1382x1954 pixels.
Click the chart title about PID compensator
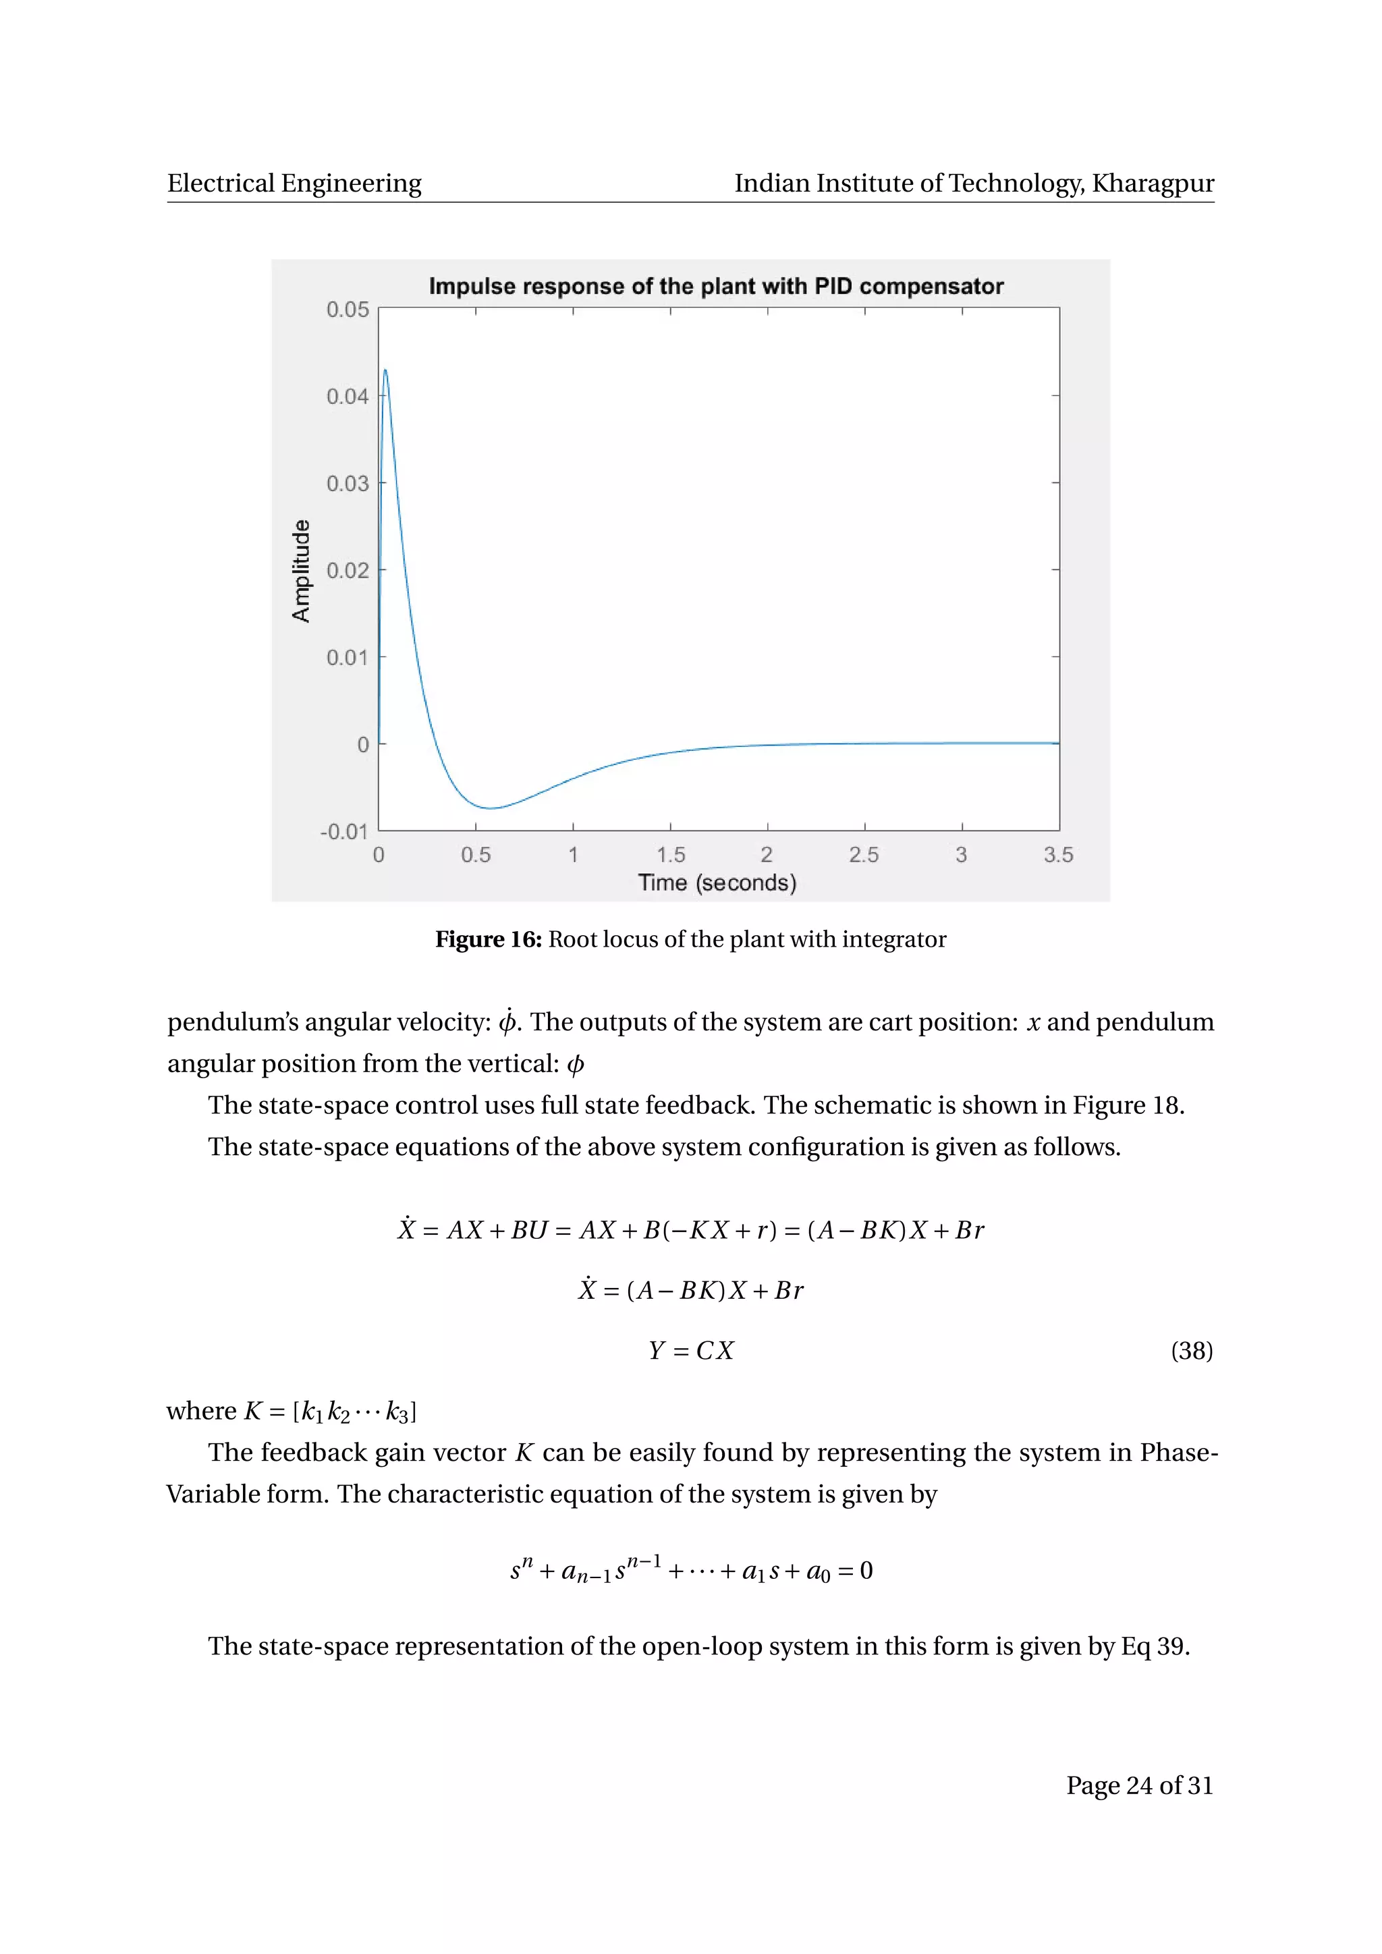coord(716,286)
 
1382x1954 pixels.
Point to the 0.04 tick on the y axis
coord(348,397)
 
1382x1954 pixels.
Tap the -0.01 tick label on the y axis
coord(343,831)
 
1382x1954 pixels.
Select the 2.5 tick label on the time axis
coord(864,854)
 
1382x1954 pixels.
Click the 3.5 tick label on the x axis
coord(1058,854)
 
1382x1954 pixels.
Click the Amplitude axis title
coord(301,570)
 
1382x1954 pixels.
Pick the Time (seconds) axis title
coord(717,883)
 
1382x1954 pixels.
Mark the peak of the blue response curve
coord(385,370)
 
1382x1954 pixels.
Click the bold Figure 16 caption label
coord(489,940)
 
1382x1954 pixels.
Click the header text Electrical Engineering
coord(294,183)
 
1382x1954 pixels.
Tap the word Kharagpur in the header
coord(1153,183)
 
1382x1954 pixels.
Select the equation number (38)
coord(1192,1351)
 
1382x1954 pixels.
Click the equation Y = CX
coord(690,1351)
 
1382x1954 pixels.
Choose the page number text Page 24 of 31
coord(1140,1785)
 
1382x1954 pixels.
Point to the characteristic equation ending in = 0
coord(691,1570)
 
